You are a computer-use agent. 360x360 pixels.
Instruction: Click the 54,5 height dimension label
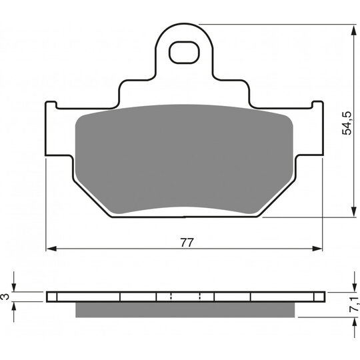347,123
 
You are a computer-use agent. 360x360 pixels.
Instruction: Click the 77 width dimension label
187,243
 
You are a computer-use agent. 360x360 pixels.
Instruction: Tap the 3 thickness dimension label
5,297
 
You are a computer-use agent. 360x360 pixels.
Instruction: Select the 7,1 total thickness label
354,304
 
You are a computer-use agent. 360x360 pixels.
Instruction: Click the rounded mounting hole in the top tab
184,53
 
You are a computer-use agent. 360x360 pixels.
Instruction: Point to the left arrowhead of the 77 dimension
51,249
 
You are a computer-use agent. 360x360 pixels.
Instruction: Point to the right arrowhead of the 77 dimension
317,249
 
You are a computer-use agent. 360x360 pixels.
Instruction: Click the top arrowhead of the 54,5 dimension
353,29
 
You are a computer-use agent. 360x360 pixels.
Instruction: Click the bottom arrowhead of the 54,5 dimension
353,212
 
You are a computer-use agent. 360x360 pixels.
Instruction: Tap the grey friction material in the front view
184,159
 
